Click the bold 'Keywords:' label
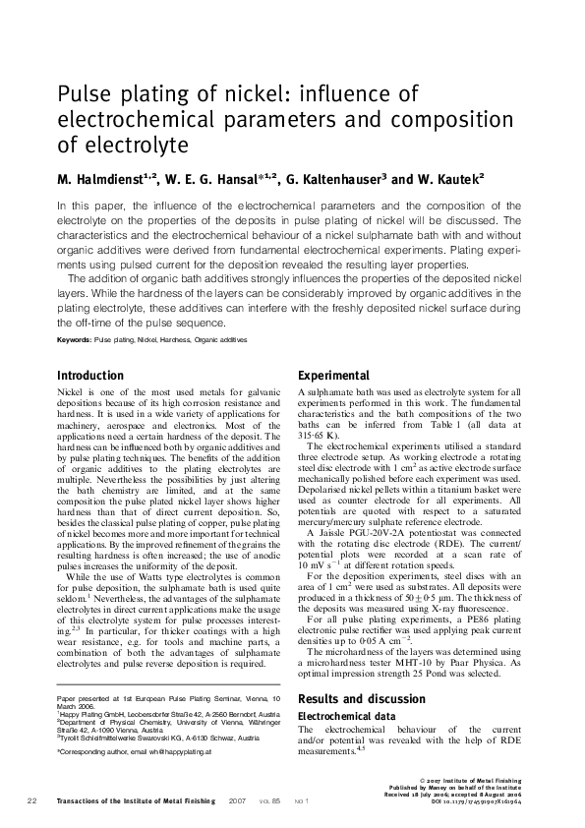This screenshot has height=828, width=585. click(74, 339)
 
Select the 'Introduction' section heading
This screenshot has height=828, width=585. click(90, 376)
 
